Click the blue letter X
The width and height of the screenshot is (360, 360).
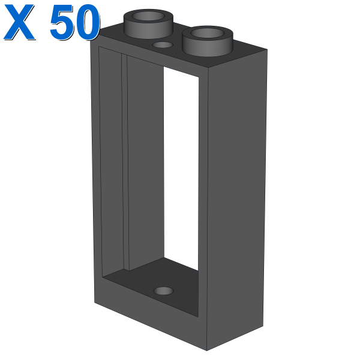click(x=19, y=22)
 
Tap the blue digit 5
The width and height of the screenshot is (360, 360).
click(x=62, y=22)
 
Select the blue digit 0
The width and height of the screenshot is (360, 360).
click(x=88, y=22)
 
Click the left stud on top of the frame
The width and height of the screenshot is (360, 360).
click(x=148, y=23)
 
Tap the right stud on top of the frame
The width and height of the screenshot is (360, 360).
click(x=208, y=41)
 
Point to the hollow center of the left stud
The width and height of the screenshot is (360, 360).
click(x=149, y=16)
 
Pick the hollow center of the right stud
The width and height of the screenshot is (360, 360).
click(x=208, y=33)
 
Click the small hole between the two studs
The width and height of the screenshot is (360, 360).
click(x=163, y=45)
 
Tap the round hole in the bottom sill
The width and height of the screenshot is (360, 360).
click(x=163, y=291)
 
